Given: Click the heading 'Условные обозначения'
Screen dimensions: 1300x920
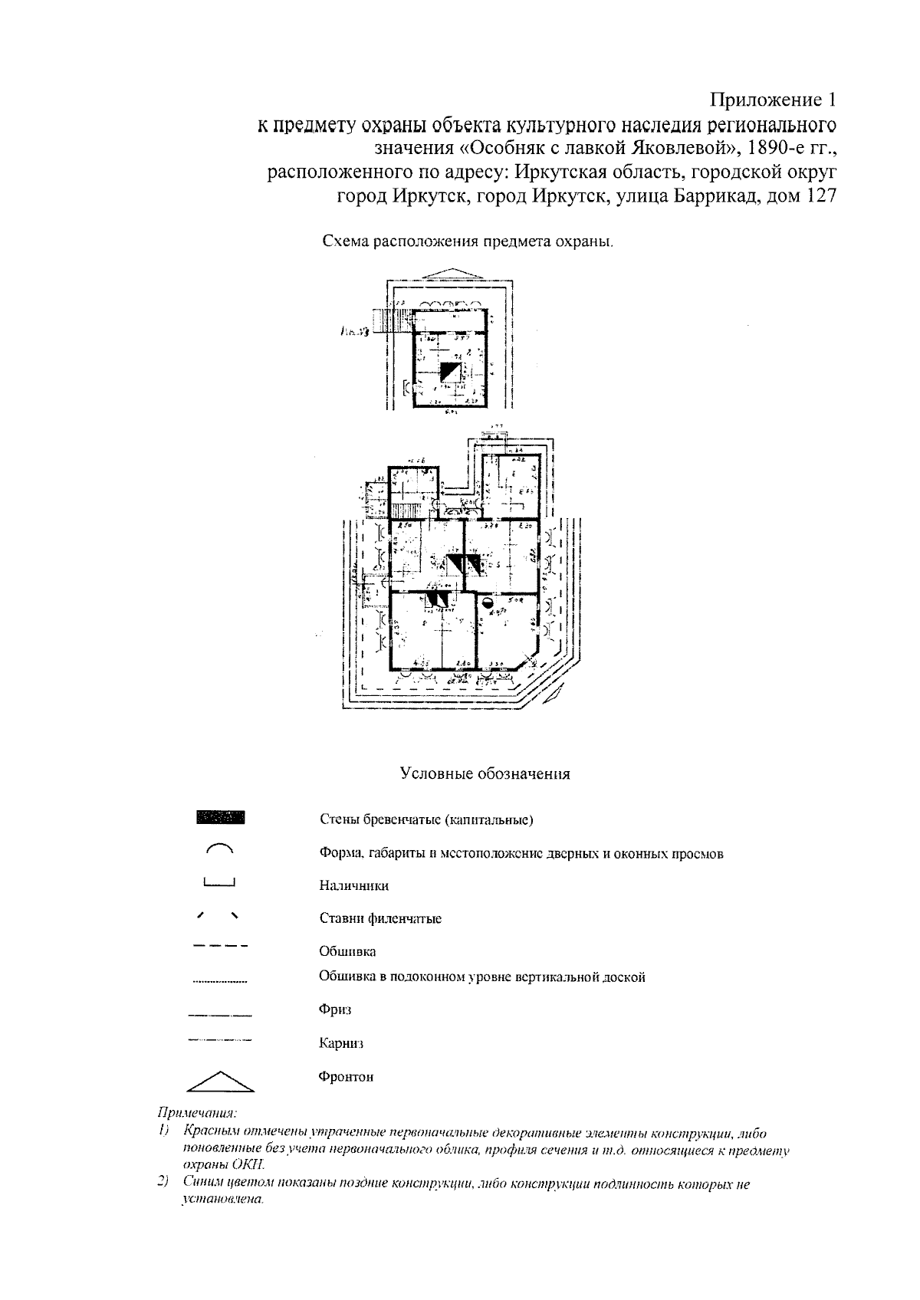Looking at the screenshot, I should click(485, 773).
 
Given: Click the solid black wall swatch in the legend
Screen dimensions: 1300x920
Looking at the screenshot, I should click(221, 817).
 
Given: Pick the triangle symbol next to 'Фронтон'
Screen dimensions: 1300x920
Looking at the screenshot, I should click(220, 1080).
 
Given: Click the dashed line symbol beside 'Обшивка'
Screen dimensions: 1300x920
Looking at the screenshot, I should click(220, 947).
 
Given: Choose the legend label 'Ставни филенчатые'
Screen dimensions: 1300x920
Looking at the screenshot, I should click(380, 918).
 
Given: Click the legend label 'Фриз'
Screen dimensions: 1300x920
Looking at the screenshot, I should click(335, 1009).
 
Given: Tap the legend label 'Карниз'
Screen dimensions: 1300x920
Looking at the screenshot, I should click(341, 1043).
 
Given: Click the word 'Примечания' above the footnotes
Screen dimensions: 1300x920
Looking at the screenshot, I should click(196, 1111).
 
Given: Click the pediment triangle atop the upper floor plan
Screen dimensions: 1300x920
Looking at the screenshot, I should click(451, 274).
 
